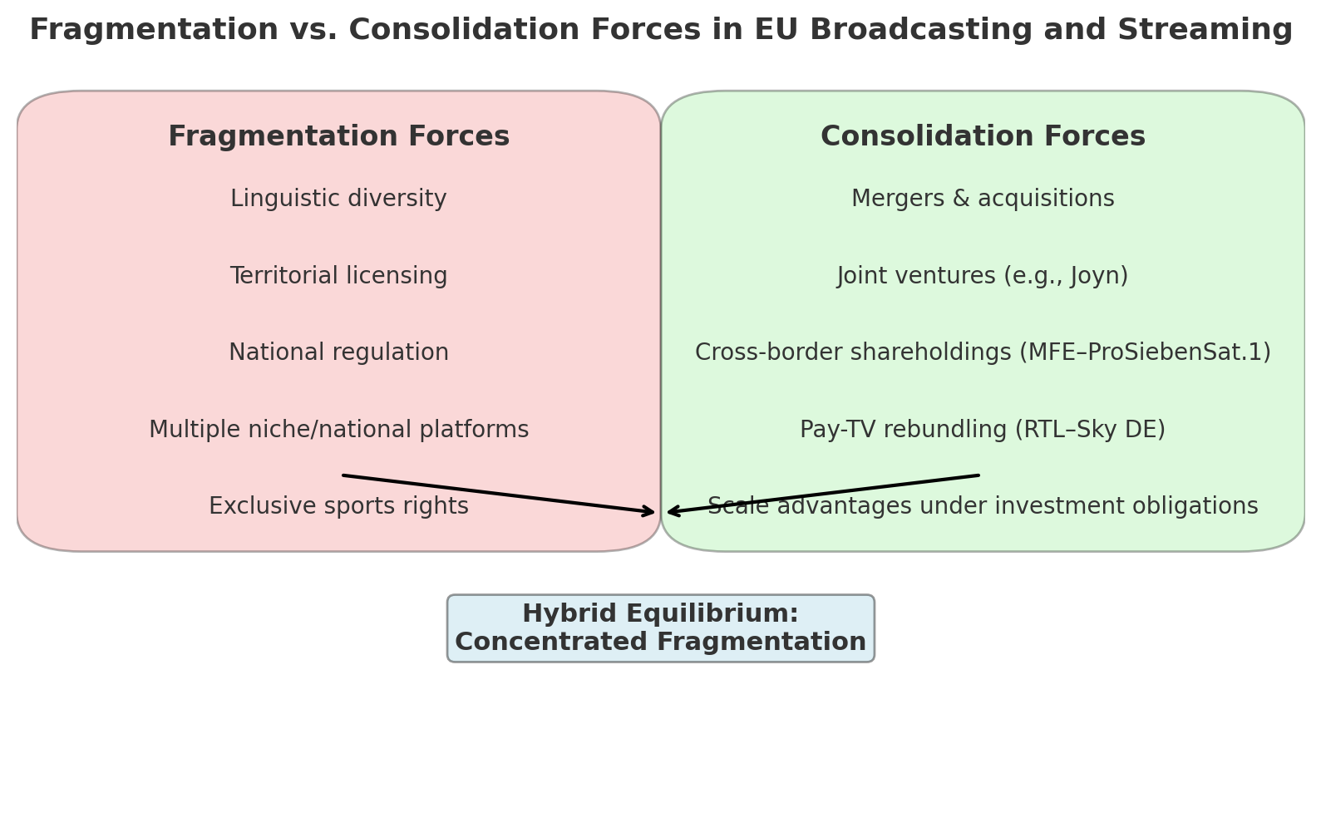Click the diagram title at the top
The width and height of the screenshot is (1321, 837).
click(660, 29)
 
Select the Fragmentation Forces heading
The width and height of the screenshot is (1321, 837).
click(339, 136)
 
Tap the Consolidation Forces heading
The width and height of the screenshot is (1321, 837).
click(983, 136)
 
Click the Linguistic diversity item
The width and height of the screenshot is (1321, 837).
click(338, 199)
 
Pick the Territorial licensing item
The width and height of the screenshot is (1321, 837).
click(338, 276)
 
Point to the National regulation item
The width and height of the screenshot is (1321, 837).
click(338, 352)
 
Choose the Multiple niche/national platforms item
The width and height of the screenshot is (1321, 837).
click(338, 429)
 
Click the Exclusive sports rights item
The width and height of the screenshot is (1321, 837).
click(338, 505)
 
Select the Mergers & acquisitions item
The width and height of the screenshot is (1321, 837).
click(983, 199)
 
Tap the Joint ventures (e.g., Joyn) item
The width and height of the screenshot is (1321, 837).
click(983, 276)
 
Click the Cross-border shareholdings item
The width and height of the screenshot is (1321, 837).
click(983, 352)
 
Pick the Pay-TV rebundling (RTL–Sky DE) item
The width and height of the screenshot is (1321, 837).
click(983, 429)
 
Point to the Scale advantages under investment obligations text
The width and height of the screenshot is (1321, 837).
click(983, 505)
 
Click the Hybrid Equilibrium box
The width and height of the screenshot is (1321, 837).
click(660, 628)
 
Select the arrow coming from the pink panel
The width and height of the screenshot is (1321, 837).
click(498, 494)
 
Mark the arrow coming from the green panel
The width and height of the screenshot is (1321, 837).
click(823, 494)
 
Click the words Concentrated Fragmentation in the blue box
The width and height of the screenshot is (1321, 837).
click(660, 642)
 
